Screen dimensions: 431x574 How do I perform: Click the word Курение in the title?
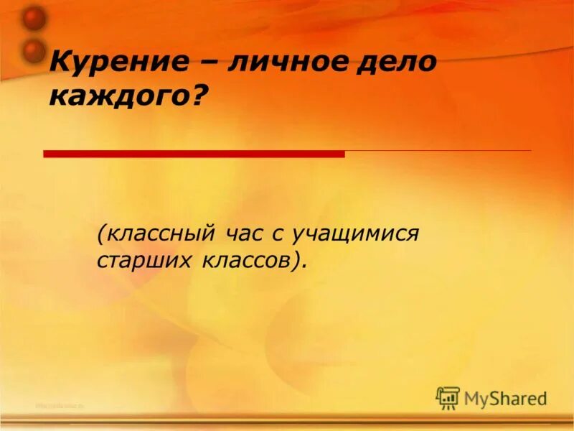(x=120, y=63)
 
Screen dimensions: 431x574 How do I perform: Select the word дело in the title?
(x=395, y=63)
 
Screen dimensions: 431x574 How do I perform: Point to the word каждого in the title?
(x=119, y=96)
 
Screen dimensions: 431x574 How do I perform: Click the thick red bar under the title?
(x=194, y=154)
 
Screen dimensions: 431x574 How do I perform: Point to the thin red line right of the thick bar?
(x=438, y=151)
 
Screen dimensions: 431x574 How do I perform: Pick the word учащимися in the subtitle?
(x=359, y=234)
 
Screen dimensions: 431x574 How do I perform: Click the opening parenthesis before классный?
(x=102, y=234)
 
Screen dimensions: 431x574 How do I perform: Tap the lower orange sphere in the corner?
(x=33, y=50)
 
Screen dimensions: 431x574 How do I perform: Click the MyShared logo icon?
(x=448, y=397)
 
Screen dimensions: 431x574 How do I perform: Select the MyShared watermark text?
(x=505, y=398)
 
